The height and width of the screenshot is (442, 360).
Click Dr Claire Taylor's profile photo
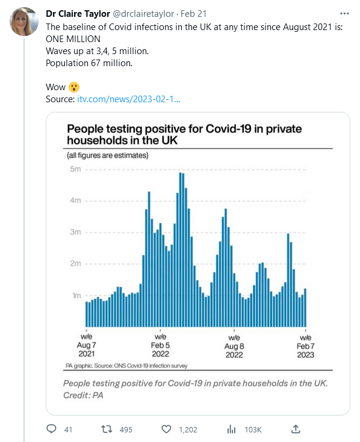[x=23, y=22]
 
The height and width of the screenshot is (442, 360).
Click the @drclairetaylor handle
[x=143, y=13]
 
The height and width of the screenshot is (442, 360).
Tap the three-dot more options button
[x=344, y=13]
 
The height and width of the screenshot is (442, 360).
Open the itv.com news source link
[x=129, y=99]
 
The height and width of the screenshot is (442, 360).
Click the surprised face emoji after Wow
[x=74, y=87]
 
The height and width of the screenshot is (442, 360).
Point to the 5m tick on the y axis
[x=75, y=169]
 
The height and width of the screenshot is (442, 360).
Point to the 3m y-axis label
[x=75, y=232]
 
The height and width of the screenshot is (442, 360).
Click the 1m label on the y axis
[x=76, y=295]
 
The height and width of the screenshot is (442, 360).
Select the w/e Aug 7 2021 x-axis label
[x=86, y=345]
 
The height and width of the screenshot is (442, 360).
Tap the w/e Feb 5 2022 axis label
[x=160, y=345]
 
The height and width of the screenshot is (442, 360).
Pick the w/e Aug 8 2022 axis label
[x=234, y=346]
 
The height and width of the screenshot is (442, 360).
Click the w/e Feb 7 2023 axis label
[x=306, y=346]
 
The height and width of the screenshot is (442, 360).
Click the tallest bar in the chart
[x=180, y=250]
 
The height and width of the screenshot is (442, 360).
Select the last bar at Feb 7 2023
[x=305, y=308]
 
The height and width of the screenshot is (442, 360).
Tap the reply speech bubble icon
[x=51, y=429]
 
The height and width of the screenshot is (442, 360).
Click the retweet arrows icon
[x=107, y=429]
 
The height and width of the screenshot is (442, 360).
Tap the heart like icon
[x=166, y=429]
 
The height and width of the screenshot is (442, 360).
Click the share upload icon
[x=296, y=429]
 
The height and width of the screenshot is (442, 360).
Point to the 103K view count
[x=253, y=429]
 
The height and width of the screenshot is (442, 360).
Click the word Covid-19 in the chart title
[x=229, y=129]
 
